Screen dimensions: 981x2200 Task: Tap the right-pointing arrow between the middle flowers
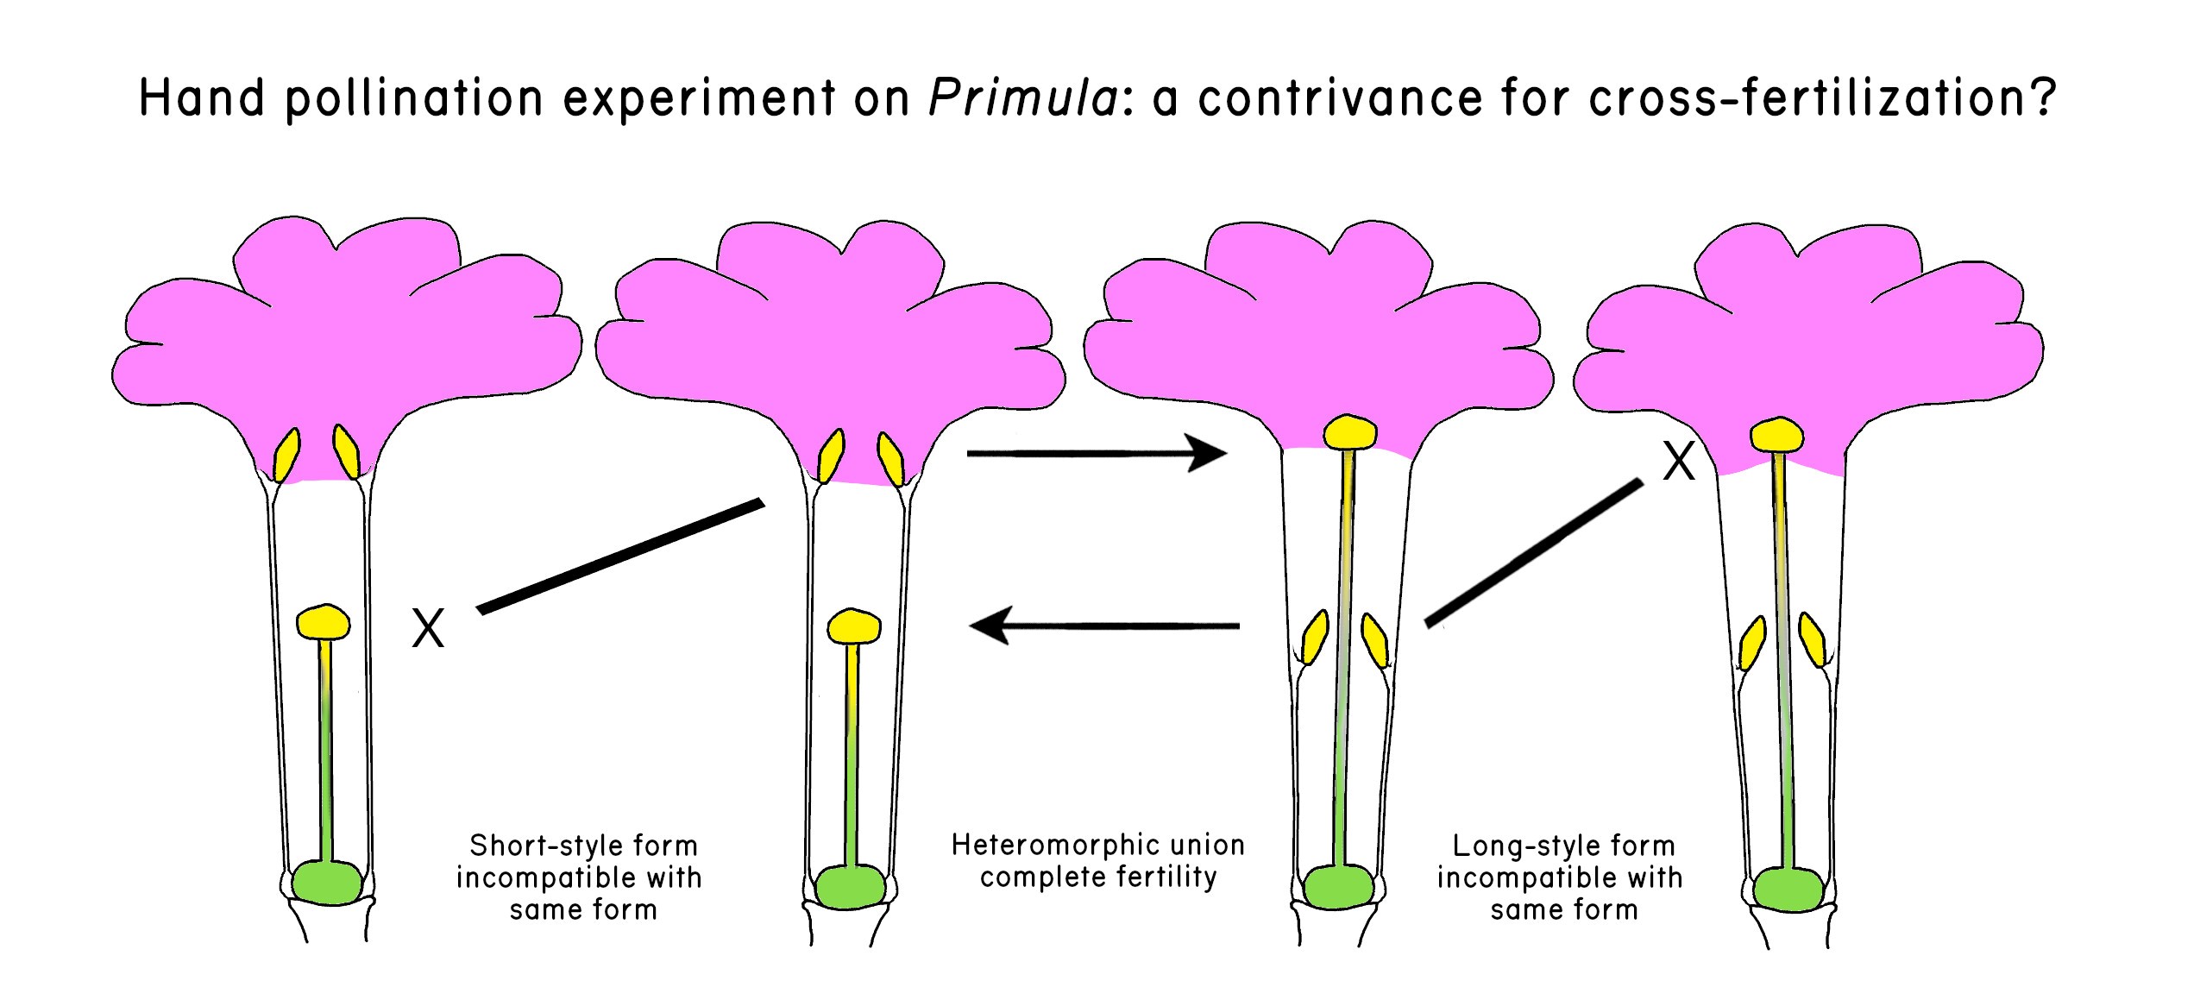[x=1097, y=453]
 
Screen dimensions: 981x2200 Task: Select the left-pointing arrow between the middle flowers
[x=1105, y=626]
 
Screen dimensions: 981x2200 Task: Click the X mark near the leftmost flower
[x=428, y=627]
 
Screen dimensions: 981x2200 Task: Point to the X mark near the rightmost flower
[x=1678, y=462]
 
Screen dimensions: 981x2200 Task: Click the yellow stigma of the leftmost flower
[x=323, y=621]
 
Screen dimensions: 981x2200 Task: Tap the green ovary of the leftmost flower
[x=327, y=882]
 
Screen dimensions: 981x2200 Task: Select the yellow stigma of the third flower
[x=1349, y=433]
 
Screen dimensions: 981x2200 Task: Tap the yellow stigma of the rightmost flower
[x=1776, y=434]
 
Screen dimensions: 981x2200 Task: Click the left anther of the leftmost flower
[x=286, y=455]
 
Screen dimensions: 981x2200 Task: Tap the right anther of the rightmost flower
[x=1813, y=639]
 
